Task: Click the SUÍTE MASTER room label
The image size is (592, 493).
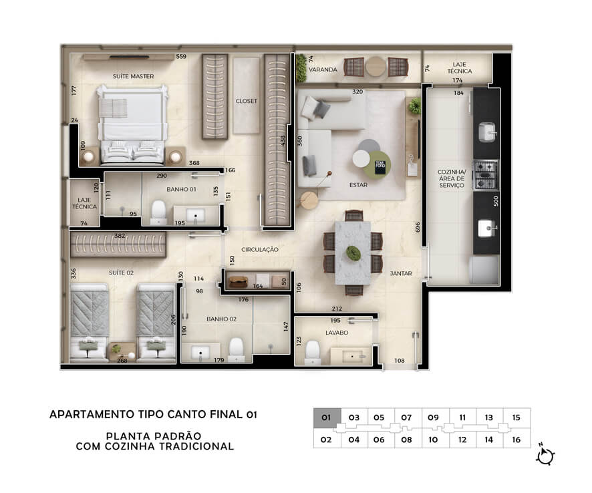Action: tap(133, 76)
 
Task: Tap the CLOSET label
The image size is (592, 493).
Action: tap(246, 101)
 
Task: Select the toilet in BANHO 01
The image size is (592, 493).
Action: tap(158, 212)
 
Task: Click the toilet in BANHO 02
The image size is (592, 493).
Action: tap(237, 349)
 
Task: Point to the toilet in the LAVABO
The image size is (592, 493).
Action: tap(313, 352)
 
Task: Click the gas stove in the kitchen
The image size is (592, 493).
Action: tap(486, 175)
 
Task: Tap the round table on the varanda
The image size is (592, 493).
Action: tap(376, 67)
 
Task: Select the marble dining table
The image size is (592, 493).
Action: tap(353, 253)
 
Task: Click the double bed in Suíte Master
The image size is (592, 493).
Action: tap(132, 126)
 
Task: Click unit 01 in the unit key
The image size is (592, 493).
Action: tap(327, 418)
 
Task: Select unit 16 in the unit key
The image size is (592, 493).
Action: tap(516, 440)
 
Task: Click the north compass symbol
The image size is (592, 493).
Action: tap(545, 456)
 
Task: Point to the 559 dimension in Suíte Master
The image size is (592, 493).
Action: tap(181, 57)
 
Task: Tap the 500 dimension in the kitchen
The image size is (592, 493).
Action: tap(496, 201)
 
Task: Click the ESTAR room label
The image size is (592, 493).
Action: tap(358, 185)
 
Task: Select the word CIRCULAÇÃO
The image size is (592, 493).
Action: tap(260, 250)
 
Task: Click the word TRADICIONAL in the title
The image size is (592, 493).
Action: tap(196, 446)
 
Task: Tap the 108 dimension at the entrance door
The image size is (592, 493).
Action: tap(400, 361)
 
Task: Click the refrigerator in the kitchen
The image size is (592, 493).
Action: tap(484, 271)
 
